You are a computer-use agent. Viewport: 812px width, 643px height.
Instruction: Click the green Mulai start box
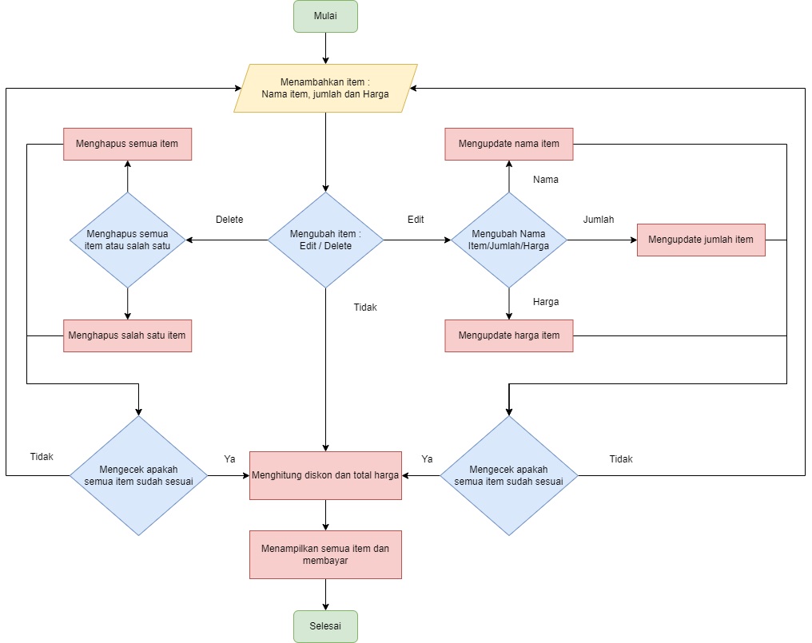pos(325,16)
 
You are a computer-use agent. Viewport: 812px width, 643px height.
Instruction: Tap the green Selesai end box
pos(325,626)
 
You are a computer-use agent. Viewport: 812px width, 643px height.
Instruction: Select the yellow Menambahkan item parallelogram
pos(325,88)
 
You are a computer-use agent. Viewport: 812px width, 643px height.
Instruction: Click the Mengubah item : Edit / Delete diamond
pos(325,240)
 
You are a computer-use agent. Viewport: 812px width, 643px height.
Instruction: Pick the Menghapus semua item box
pos(127,144)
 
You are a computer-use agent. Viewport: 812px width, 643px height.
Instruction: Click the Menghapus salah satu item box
pos(127,335)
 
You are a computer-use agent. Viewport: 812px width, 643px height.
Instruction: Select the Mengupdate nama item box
pos(509,144)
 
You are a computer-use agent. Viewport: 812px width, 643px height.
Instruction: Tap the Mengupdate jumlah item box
pos(701,240)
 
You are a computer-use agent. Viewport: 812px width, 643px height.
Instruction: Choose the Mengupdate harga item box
pos(509,335)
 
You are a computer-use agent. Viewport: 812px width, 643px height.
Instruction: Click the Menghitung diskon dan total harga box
pos(325,475)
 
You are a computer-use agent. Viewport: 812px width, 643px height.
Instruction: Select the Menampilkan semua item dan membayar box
pos(325,554)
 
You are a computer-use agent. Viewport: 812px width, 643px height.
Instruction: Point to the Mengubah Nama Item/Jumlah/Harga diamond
pos(509,240)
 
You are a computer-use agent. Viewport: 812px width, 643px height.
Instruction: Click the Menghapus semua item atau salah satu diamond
pos(127,240)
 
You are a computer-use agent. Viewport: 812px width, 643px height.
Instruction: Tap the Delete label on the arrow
pos(229,220)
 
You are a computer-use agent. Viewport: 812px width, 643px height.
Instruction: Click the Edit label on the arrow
pos(416,220)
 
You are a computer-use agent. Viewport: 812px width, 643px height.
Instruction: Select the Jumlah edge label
pos(599,220)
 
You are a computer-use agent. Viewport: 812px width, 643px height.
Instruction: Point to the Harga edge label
pos(546,302)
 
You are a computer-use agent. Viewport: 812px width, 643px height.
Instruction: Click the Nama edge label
pos(546,180)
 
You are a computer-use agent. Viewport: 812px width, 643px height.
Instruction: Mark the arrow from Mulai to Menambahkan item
pos(325,48)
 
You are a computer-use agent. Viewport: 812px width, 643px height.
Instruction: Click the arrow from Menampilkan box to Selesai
pos(325,594)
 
